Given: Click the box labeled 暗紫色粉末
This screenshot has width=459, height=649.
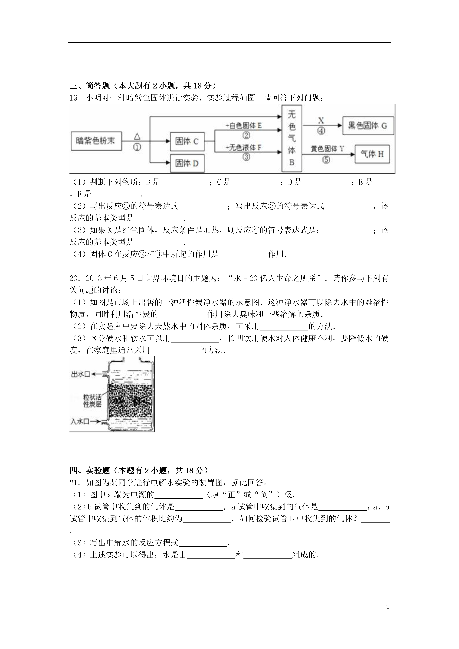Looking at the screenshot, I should (96, 141).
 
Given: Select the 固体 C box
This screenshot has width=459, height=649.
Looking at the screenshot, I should (187, 141).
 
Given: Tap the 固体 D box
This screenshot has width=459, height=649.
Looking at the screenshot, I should (187, 163).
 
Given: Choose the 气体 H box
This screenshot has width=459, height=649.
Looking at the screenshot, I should (372, 154).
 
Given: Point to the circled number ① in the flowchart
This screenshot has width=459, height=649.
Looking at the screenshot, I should (137, 147).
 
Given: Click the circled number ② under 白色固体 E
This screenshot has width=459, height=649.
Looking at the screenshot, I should (246, 136).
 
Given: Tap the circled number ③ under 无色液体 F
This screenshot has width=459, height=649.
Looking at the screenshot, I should (246, 157).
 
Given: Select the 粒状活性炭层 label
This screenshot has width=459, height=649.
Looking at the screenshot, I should (92, 401).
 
